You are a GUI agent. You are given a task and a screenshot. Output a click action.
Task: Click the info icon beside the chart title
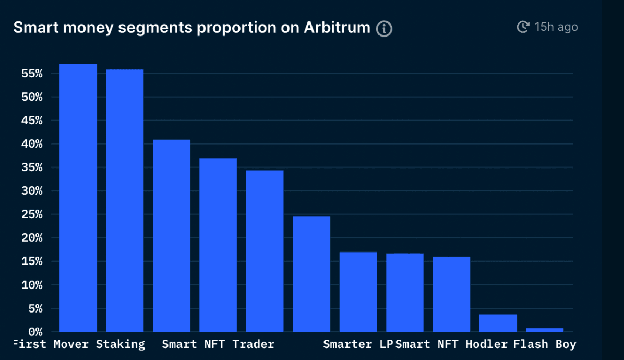(384, 29)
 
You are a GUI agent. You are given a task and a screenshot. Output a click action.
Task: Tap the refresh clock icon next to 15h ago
(523, 27)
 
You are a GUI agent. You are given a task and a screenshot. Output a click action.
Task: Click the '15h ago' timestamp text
(556, 27)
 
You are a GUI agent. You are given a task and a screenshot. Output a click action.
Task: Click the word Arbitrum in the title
(337, 28)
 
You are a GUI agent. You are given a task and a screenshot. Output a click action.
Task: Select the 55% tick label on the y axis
(32, 73)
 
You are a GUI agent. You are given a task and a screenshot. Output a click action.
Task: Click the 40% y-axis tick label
(32, 143)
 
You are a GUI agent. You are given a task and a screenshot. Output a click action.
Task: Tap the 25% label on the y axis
(32, 214)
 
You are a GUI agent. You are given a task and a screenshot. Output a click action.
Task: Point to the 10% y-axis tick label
(32, 285)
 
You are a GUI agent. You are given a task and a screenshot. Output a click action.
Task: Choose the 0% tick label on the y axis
(35, 332)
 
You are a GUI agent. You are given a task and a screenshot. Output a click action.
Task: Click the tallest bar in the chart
(78, 198)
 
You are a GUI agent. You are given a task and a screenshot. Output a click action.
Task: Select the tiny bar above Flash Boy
(545, 330)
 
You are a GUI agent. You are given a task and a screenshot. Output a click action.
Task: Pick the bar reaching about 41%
(172, 235)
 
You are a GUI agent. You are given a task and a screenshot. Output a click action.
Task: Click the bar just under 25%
(311, 274)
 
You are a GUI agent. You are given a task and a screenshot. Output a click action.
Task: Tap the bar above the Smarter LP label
(358, 292)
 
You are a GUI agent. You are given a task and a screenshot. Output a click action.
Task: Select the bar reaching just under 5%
(498, 323)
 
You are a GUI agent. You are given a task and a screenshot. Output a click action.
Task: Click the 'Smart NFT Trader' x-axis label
(218, 344)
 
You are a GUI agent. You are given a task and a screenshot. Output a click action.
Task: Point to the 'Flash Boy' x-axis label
(545, 344)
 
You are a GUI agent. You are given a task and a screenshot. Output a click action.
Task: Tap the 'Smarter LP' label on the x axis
(358, 344)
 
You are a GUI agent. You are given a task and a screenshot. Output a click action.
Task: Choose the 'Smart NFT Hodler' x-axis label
(451, 344)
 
